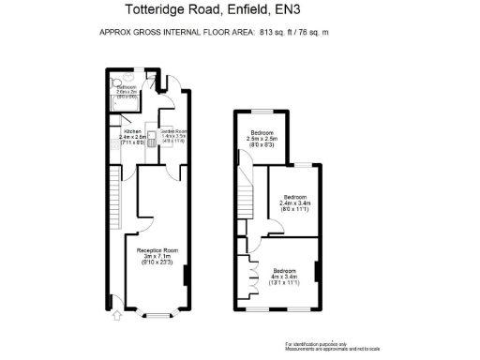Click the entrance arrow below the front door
click(115, 317)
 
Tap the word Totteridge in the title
click(158, 12)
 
